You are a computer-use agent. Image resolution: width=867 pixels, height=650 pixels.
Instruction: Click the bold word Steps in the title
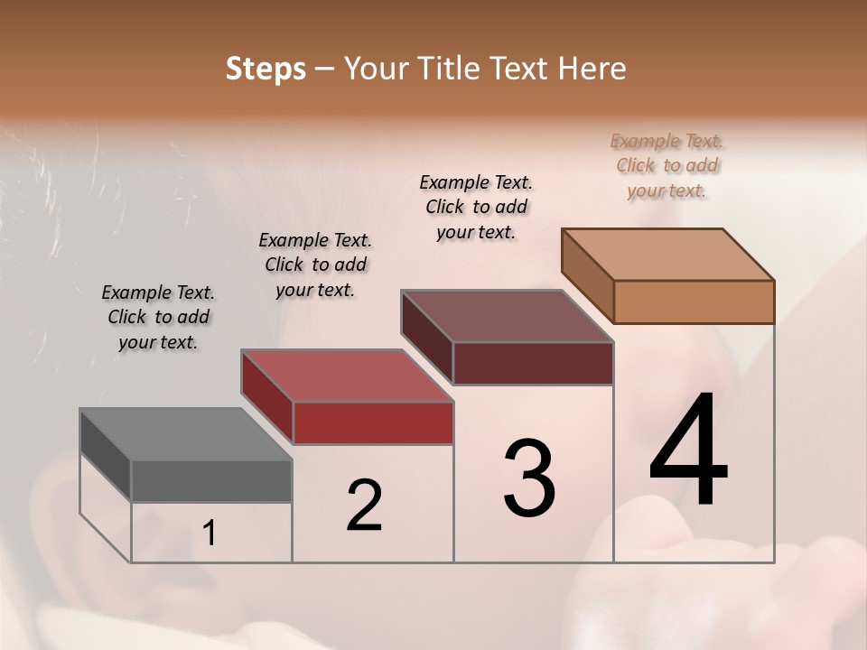[x=266, y=69]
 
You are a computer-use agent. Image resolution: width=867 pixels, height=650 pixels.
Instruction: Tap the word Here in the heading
[x=592, y=69]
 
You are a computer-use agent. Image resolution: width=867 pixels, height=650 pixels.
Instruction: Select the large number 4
[x=688, y=451]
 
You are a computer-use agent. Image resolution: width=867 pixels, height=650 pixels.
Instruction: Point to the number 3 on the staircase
[x=528, y=478]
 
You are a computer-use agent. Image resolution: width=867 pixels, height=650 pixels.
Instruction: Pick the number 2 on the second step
[x=364, y=506]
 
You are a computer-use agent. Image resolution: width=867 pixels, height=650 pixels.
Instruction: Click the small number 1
[x=210, y=534]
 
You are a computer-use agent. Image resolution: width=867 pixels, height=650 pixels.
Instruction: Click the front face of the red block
[x=373, y=422]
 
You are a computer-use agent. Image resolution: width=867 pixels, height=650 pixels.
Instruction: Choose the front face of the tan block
[x=694, y=302]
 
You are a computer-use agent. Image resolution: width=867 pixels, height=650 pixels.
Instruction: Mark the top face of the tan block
[x=668, y=255]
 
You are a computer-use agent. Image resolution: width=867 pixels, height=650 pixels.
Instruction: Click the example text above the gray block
[x=158, y=317]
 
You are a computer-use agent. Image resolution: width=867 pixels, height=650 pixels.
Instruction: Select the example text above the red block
[x=315, y=265]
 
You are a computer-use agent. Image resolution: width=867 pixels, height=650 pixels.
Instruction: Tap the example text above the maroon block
[x=476, y=207]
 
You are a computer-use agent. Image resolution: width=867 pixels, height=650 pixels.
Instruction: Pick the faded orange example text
[x=667, y=165]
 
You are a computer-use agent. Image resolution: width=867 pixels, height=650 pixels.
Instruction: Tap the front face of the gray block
[x=211, y=480]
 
